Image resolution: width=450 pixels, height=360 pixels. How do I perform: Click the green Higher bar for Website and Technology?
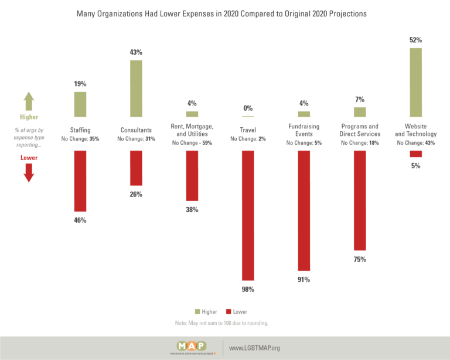415,83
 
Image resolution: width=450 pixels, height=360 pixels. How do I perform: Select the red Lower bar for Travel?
248,215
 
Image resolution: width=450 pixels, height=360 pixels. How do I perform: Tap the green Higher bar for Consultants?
136,89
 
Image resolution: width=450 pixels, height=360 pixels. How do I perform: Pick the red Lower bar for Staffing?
80,181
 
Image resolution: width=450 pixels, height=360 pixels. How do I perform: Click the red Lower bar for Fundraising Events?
304,210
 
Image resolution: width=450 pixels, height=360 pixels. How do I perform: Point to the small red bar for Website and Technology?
415,154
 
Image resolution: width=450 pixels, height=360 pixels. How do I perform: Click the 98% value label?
248,290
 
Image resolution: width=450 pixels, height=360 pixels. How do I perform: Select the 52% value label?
415,40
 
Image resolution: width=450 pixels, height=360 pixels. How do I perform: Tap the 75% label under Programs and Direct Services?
360,260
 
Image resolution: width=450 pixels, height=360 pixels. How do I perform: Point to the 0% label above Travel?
248,108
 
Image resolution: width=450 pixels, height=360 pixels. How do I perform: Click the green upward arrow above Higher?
29,101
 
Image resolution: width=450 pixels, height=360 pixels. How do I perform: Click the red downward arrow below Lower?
29,173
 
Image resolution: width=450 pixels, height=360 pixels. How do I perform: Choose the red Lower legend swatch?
229,311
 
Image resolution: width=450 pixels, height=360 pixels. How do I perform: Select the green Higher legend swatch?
197,311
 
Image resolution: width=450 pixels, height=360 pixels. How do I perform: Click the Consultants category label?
136,130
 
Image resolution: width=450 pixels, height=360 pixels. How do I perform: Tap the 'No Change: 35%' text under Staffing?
80,139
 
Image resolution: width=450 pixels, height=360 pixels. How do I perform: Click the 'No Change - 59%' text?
192,142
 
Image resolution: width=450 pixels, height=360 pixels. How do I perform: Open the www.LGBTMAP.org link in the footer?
254,348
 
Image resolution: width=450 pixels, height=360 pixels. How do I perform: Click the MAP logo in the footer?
192,348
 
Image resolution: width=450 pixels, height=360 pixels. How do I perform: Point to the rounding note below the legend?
221,323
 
